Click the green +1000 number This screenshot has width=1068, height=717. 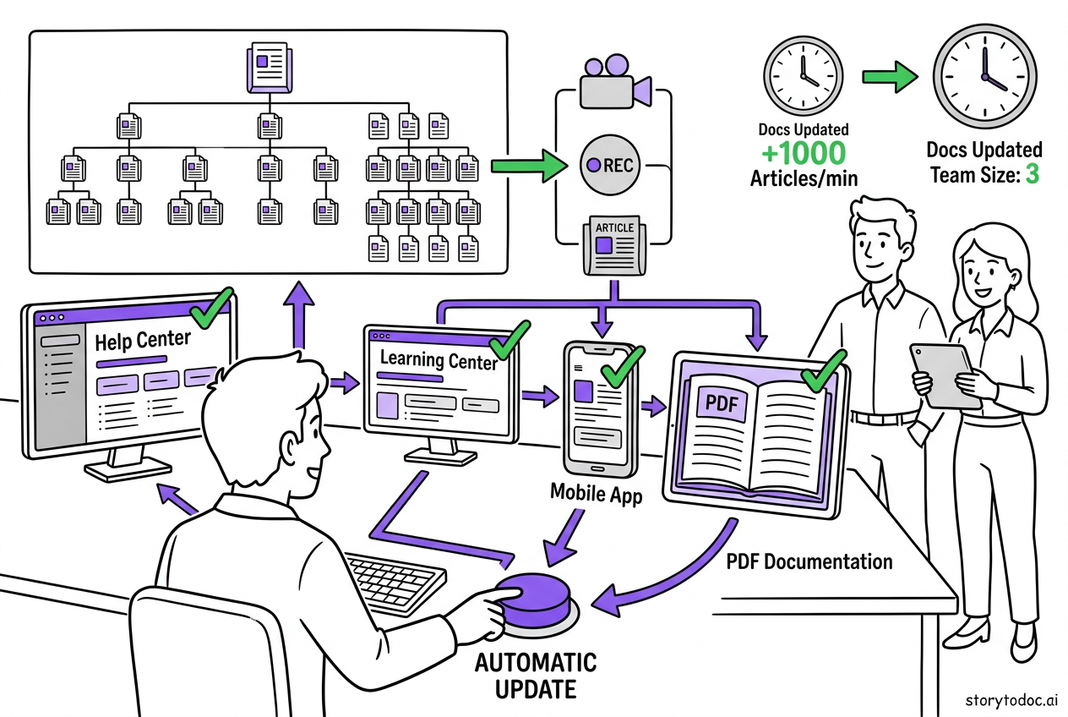[x=802, y=153]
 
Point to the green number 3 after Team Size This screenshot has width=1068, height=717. [x=1032, y=175]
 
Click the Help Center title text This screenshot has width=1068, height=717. [x=143, y=342]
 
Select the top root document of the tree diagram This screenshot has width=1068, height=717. [x=268, y=68]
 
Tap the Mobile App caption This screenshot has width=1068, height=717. [x=596, y=493]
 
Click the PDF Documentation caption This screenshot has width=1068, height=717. [x=809, y=561]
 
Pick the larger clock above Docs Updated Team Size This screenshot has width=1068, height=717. [x=984, y=74]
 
